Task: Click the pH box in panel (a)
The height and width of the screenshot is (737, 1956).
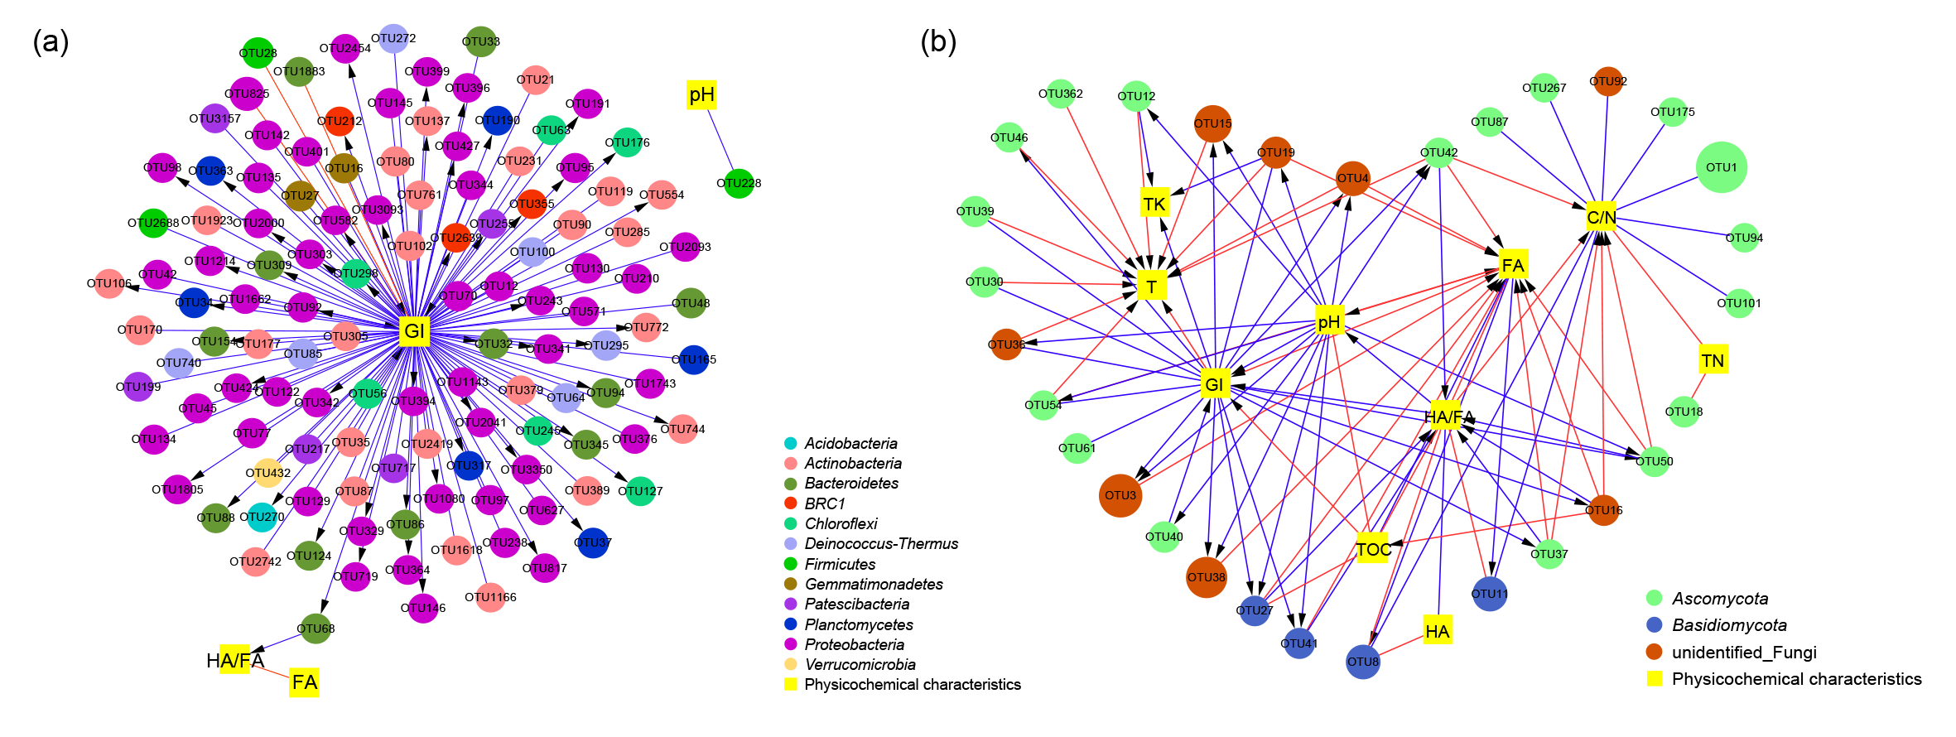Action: tap(701, 95)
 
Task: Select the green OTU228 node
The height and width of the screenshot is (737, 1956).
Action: tap(739, 183)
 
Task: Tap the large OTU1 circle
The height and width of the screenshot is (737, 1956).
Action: tap(1721, 167)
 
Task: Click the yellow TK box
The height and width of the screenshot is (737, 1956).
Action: tap(1154, 204)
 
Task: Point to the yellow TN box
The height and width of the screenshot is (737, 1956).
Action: tap(1713, 360)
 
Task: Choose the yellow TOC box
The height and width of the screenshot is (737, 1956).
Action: tap(1373, 549)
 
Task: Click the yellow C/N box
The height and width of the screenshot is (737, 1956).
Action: tap(1601, 217)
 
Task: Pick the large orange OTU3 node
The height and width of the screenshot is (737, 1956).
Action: tap(1120, 495)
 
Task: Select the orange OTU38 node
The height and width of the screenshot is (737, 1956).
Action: tap(1206, 577)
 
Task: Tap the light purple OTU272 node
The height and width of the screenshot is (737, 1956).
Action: tap(393, 38)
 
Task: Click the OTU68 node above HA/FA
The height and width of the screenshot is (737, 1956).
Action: tap(316, 629)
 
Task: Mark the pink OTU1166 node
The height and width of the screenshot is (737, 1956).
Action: tap(490, 597)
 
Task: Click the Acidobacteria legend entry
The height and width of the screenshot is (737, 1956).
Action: tap(850, 443)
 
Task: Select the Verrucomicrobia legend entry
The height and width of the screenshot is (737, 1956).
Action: tap(860, 664)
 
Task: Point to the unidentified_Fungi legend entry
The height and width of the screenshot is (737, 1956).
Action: tap(1743, 652)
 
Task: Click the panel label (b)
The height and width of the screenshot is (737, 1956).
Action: tap(938, 41)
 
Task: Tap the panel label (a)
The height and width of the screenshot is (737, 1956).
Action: tap(51, 41)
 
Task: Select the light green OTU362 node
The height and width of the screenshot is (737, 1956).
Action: tap(1061, 94)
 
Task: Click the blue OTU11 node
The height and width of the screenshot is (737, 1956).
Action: tap(1489, 594)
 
